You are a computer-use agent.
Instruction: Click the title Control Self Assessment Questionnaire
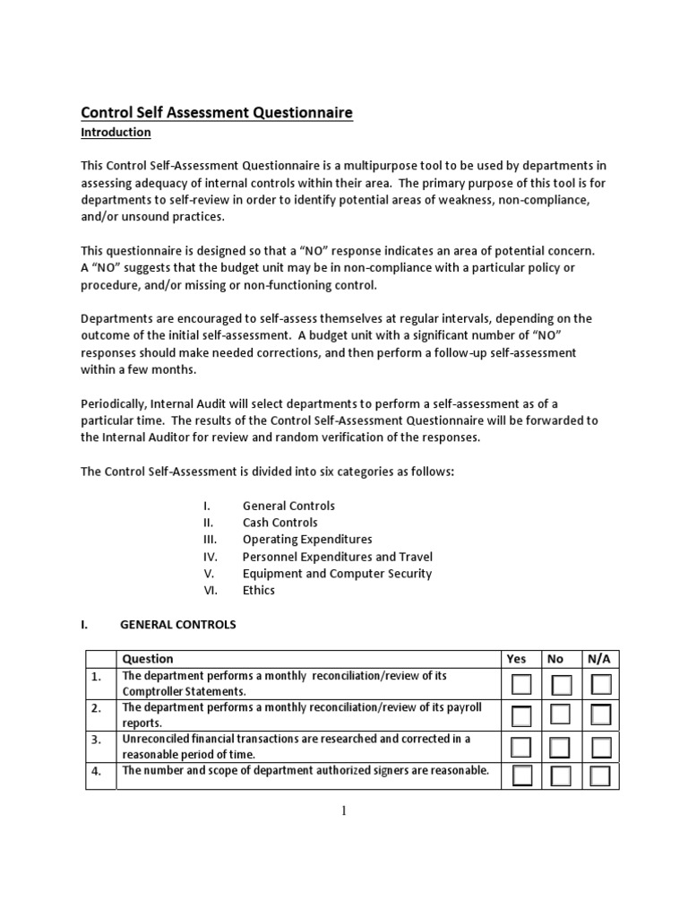tap(217, 112)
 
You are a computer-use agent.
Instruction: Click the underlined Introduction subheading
tap(116, 133)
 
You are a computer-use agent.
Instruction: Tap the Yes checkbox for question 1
tap(521, 685)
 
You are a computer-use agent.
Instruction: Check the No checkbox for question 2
tap(562, 715)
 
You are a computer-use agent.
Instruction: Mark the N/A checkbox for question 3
tap(601, 747)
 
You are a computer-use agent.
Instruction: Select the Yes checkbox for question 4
tap(521, 775)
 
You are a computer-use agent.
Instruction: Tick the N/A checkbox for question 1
tap(601, 685)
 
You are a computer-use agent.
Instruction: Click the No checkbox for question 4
tap(562, 775)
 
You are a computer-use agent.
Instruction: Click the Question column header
tap(148, 659)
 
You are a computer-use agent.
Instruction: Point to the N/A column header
tap(598, 659)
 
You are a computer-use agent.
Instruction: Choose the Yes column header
tap(517, 659)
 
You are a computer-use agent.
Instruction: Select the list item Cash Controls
tap(279, 523)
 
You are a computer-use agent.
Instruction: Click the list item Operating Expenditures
tap(307, 540)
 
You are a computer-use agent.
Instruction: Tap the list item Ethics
tap(259, 590)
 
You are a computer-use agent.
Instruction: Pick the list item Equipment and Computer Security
tap(337, 574)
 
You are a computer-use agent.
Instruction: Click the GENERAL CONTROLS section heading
tap(177, 625)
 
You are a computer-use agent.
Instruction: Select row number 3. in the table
tap(96, 740)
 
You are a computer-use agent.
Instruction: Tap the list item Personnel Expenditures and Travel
tap(338, 557)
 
